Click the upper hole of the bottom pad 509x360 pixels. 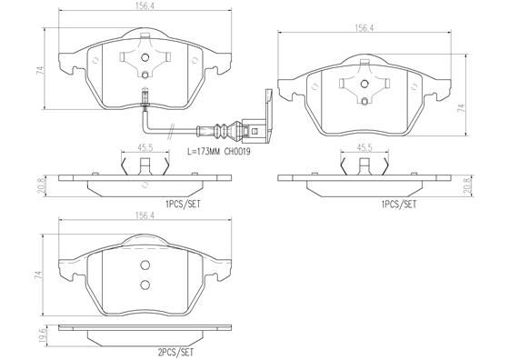[x=145, y=266]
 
